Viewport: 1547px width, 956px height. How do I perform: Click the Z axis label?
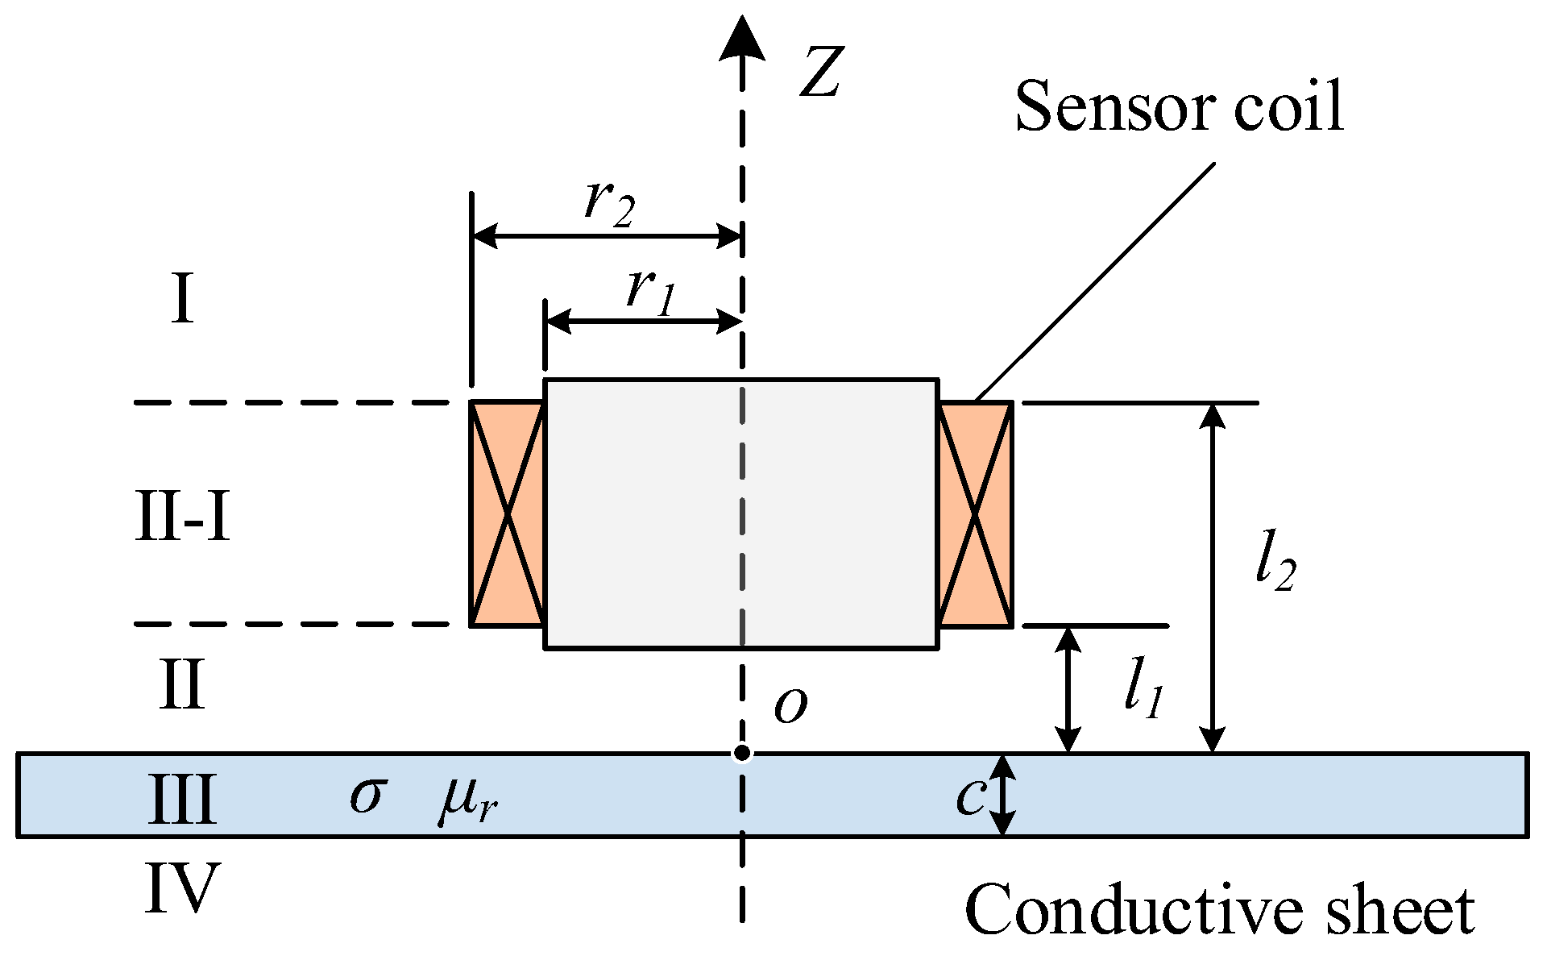click(821, 73)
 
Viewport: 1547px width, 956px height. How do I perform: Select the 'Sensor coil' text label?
click(1179, 107)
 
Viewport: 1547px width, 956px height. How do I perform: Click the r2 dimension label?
click(610, 201)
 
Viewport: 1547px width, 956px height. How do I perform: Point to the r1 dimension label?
click(650, 289)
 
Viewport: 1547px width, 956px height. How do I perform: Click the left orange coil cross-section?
click(508, 513)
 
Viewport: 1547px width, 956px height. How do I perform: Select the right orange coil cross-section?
click(976, 513)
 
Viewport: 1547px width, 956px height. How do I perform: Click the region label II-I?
click(184, 518)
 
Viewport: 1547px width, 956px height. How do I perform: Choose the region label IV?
click(183, 888)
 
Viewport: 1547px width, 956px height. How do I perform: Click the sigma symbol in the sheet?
click(368, 796)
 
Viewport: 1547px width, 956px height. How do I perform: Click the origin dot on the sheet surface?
click(742, 754)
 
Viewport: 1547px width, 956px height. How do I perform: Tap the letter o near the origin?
click(790, 706)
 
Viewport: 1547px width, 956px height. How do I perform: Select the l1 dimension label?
click(1143, 692)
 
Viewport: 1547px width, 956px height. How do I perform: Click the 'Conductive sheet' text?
click(1219, 910)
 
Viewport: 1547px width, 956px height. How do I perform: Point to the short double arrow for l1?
click(1068, 690)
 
